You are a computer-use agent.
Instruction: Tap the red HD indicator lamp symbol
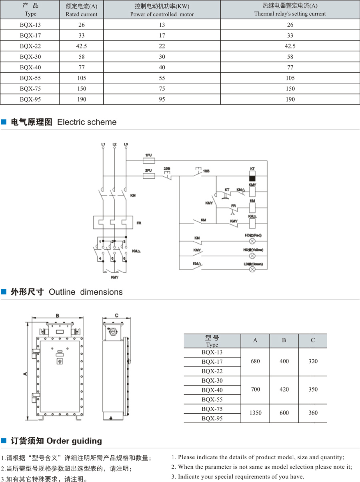click(x=252, y=241)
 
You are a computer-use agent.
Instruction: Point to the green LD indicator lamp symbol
click(x=252, y=270)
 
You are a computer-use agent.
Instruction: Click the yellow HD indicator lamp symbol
click(x=252, y=256)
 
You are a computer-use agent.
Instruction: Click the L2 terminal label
click(x=114, y=144)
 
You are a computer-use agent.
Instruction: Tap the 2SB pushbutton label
click(x=167, y=168)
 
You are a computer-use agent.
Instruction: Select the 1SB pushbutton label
click(x=206, y=171)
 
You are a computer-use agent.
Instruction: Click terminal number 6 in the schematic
click(x=124, y=259)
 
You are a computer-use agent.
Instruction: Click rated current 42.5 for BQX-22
click(x=82, y=46)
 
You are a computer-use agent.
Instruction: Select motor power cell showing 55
click(x=162, y=78)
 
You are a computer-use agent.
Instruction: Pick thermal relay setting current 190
click(x=290, y=99)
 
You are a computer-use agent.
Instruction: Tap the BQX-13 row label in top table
click(x=30, y=25)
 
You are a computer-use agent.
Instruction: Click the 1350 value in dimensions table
click(x=255, y=413)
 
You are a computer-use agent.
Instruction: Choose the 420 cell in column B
click(x=284, y=389)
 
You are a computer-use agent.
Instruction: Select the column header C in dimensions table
click(x=313, y=340)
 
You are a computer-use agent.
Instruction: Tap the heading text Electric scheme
click(x=87, y=122)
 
